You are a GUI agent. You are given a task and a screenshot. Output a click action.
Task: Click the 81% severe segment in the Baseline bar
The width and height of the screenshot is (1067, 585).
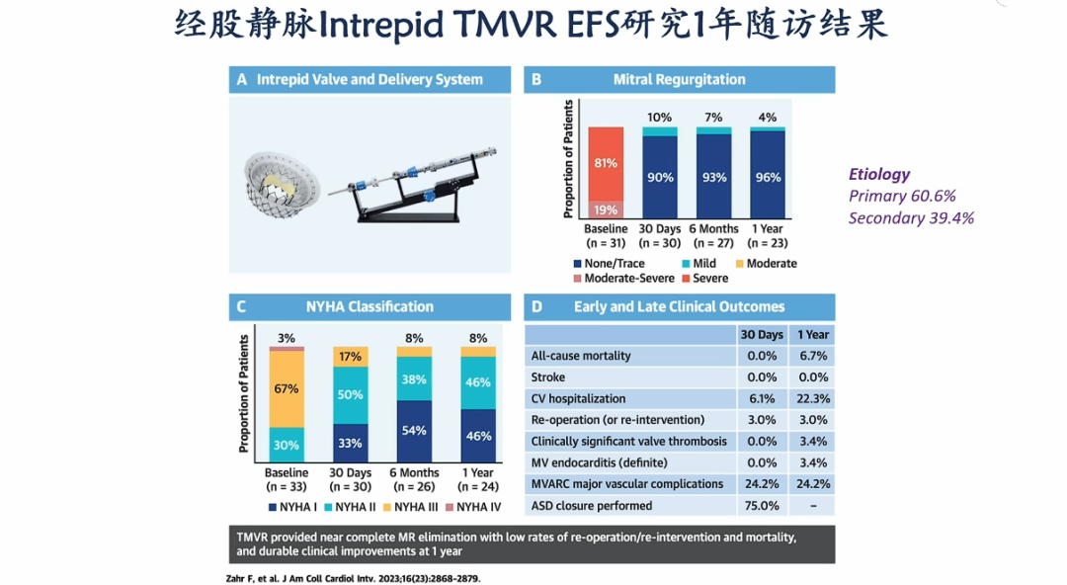click(606, 164)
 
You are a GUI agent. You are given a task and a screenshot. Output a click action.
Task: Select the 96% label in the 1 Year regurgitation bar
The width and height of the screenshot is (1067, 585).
click(768, 177)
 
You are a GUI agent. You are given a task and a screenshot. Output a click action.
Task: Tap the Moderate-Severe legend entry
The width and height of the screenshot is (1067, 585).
click(623, 279)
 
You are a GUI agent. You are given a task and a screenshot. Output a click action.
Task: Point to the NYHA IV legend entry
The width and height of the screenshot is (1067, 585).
click(473, 507)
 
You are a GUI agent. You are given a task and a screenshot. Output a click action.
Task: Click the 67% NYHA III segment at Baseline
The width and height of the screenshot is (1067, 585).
click(287, 389)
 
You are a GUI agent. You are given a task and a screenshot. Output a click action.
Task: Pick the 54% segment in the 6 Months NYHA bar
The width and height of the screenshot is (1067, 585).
click(414, 431)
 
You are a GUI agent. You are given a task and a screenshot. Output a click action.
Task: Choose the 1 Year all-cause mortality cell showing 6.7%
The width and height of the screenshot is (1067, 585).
click(812, 356)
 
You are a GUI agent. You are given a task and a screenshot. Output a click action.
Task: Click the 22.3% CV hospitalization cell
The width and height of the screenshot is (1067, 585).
click(812, 398)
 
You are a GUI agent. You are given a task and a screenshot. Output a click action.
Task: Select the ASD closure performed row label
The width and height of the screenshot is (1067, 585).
click(592, 506)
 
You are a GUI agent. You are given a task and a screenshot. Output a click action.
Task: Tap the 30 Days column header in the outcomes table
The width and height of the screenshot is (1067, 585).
click(762, 334)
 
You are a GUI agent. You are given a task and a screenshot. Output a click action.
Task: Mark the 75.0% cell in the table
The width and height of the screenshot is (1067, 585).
click(762, 506)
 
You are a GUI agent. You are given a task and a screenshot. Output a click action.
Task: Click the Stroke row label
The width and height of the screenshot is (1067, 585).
click(547, 377)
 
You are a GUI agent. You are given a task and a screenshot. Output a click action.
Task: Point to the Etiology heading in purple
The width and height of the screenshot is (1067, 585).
click(879, 175)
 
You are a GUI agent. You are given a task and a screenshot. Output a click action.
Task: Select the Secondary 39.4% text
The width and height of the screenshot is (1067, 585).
click(911, 218)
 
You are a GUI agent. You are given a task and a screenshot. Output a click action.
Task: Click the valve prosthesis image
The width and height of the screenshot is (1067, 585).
click(283, 184)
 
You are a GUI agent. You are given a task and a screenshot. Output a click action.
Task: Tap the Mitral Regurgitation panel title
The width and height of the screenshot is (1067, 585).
click(679, 80)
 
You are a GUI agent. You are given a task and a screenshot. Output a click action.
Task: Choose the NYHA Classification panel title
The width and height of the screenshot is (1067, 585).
click(369, 307)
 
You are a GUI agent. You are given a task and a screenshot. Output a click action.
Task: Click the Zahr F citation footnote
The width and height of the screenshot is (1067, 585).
click(353, 579)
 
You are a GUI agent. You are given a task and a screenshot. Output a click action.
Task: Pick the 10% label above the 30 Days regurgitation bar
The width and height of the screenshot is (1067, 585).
click(659, 118)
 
